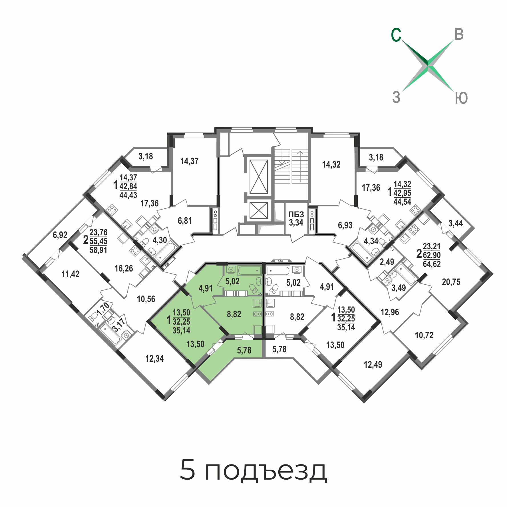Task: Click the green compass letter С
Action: [x=396, y=35]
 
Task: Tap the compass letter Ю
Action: [x=461, y=98]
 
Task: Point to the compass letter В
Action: [x=459, y=34]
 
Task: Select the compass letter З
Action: [x=396, y=97]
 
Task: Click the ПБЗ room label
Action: [x=296, y=214]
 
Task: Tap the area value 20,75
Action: [x=451, y=282]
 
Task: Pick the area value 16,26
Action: [x=124, y=268]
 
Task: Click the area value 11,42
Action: [x=71, y=274]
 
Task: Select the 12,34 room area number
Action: [x=154, y=359]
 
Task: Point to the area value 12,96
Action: [x=390, y=312]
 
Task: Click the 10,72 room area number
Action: [x=424, y=335]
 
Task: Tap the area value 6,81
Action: [x=185, y=221]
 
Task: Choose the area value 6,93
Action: [x=345, y=225]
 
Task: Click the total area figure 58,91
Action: [x=98, y=250]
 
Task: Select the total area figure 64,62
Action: [x=432, y=264]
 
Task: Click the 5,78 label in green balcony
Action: [x=244, y=350]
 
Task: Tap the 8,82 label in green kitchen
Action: [x=234, y=314]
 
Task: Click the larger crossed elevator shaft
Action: [x=259, y=177]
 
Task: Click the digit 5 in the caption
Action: [x=187, y=470]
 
